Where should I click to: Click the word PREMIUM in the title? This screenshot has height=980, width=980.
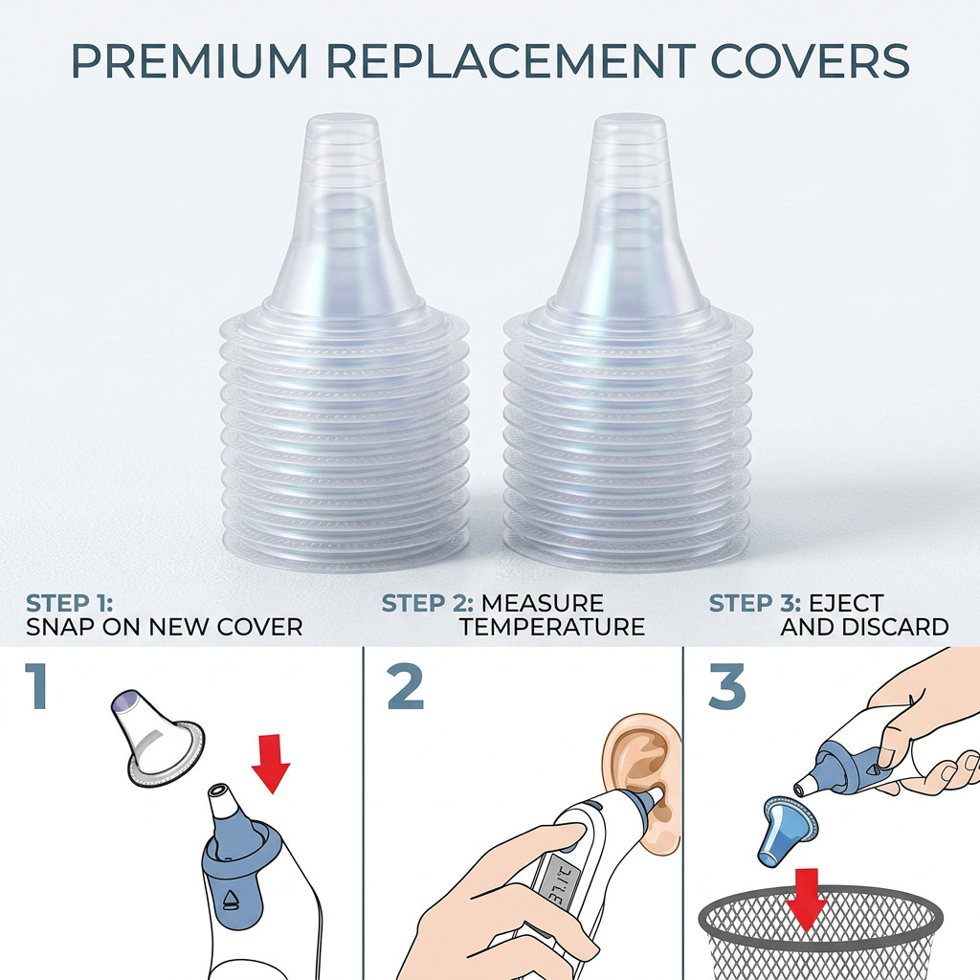click(x=190, y=60)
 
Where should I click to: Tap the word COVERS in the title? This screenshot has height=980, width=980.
click(x=810, y=60)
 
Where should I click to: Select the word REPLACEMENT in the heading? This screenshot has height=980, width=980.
click(x=509, y=60)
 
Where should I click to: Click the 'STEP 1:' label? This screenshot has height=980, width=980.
click(x=69, y=604)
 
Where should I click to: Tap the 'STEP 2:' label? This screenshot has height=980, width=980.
click(x=428, y=604)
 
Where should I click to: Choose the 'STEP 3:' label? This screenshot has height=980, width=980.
click(x=754, y=604)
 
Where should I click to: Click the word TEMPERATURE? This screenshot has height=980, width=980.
click(x=552, y=627)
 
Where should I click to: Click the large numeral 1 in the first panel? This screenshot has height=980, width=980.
click(x=37, y=686)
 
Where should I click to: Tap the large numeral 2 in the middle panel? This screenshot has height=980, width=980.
click(x=406, y=686)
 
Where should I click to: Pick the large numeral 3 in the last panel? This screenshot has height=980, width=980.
click(x=727, y=686)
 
